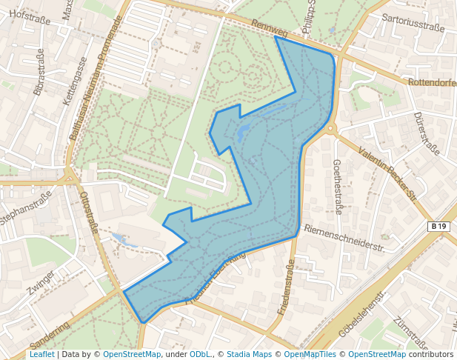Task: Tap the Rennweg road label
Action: click(x=269, y=28)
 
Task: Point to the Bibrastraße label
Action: click(x=39, y=72)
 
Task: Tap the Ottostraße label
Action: click(x=88, y=213)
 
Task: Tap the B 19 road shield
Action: click(x=439, y=227)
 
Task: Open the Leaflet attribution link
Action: click(x=42, y=354)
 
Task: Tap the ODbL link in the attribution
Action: click(x=199, y=354)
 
